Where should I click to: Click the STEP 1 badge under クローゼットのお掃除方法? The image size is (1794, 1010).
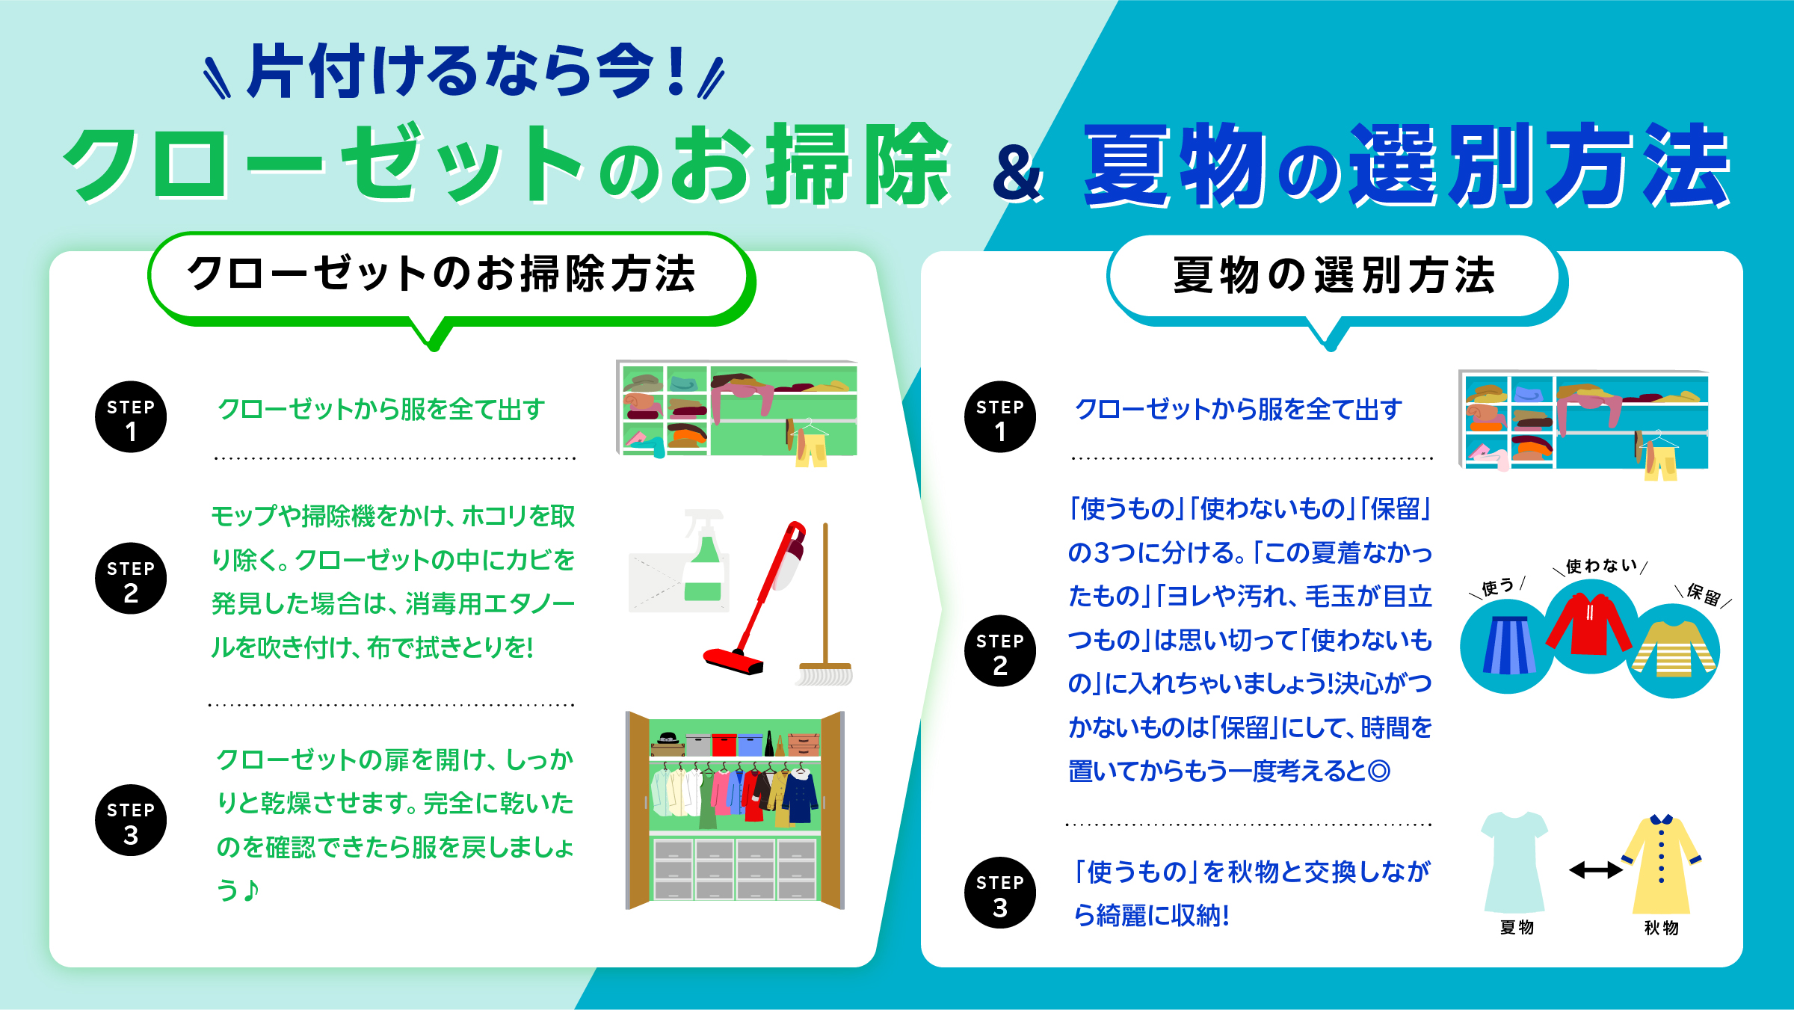tap(131, 417)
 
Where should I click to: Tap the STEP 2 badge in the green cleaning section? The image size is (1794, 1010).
tap(131, 579)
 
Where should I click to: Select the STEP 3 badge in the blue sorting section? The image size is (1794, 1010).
tap(1000, 893)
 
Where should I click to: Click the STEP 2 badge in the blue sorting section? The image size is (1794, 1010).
tap(1000, 651)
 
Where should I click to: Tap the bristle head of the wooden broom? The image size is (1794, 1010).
tap(824, 674)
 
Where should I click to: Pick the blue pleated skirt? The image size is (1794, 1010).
tap(1508, 644)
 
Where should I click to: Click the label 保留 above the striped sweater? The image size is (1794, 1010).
tap(1704, 594)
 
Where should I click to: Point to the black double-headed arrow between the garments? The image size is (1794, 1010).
tap(1595, 869)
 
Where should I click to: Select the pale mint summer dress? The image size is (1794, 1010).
tap(1514, 860)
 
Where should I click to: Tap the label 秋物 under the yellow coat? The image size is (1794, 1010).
tap(1661, 928)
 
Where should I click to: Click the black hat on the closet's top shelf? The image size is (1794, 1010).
tap(668, 739)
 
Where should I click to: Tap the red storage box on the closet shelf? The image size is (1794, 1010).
tap(724, 744)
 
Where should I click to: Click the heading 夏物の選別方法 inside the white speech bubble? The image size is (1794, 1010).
tap(1334, 275)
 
